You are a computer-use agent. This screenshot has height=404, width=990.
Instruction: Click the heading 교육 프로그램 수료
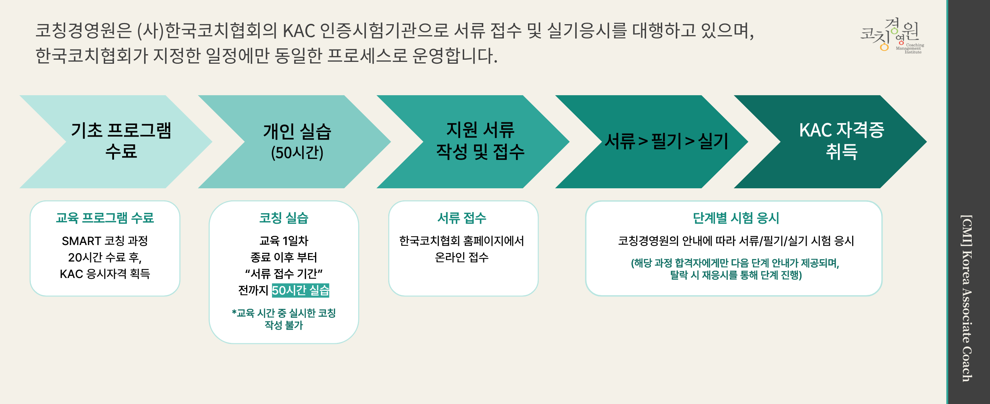[x=105, y=218]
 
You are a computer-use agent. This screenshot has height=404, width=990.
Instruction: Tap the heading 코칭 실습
[x=284, y=218]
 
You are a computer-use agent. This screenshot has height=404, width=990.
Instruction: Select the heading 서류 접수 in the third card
[x=462, y=218]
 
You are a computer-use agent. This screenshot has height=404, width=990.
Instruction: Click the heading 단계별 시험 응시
[x=736, y=218]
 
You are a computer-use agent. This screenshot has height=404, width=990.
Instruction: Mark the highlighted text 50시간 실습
[x=301, y=290]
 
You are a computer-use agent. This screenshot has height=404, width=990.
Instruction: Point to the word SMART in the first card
[x=81, y=241]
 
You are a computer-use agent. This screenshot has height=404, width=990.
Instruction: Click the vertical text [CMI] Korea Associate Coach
[x=967, y=298]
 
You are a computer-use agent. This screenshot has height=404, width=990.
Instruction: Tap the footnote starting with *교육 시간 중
[x=284, y=319]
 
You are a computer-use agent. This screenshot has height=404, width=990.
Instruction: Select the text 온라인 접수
[x=462, y=257]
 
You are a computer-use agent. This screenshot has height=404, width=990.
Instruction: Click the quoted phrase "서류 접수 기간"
[x=284, y=274]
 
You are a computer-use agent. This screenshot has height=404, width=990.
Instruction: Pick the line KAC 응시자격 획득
[x=105, y=274]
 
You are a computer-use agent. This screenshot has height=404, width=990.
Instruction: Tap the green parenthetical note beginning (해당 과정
[x=735, y=269]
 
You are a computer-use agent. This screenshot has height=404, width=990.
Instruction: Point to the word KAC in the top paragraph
[x=298, y=31]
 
